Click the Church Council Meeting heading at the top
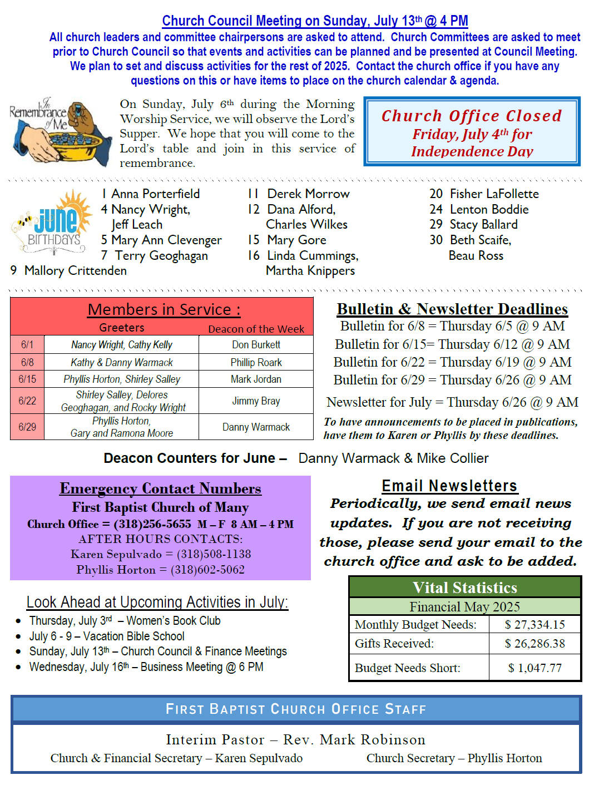(x=315, y=21)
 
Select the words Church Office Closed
(x=471, y=116)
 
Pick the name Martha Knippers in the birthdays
(x=310, y=271)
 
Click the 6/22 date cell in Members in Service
(x=27, y=401)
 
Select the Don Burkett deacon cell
(x=256, y=345)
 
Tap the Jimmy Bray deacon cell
(x=256, y=401)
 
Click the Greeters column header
(x=121, y=328)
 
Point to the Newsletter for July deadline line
(x=452, y=402)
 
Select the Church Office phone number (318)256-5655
(x=152, y=524)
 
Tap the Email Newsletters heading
(x=449, y=486)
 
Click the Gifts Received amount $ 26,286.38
(x=534, y=644)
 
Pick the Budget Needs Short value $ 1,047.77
(x=534, y=668)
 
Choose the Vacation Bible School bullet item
(x=107, y=636)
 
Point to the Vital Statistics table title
(x=465, y=587)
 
